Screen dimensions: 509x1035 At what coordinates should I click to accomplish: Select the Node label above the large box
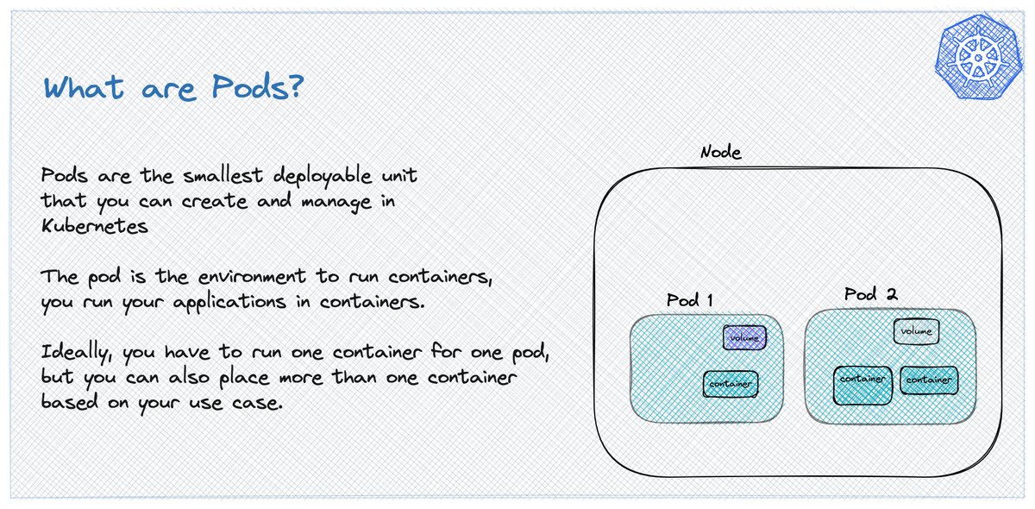(720, 153)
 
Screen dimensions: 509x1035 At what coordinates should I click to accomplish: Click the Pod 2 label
(871, 294)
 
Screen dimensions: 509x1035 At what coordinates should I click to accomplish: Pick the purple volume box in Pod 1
(744, 338)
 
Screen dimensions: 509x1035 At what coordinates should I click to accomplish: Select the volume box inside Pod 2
(915, 331)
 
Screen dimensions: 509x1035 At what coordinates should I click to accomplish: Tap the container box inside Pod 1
(731, 384)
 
